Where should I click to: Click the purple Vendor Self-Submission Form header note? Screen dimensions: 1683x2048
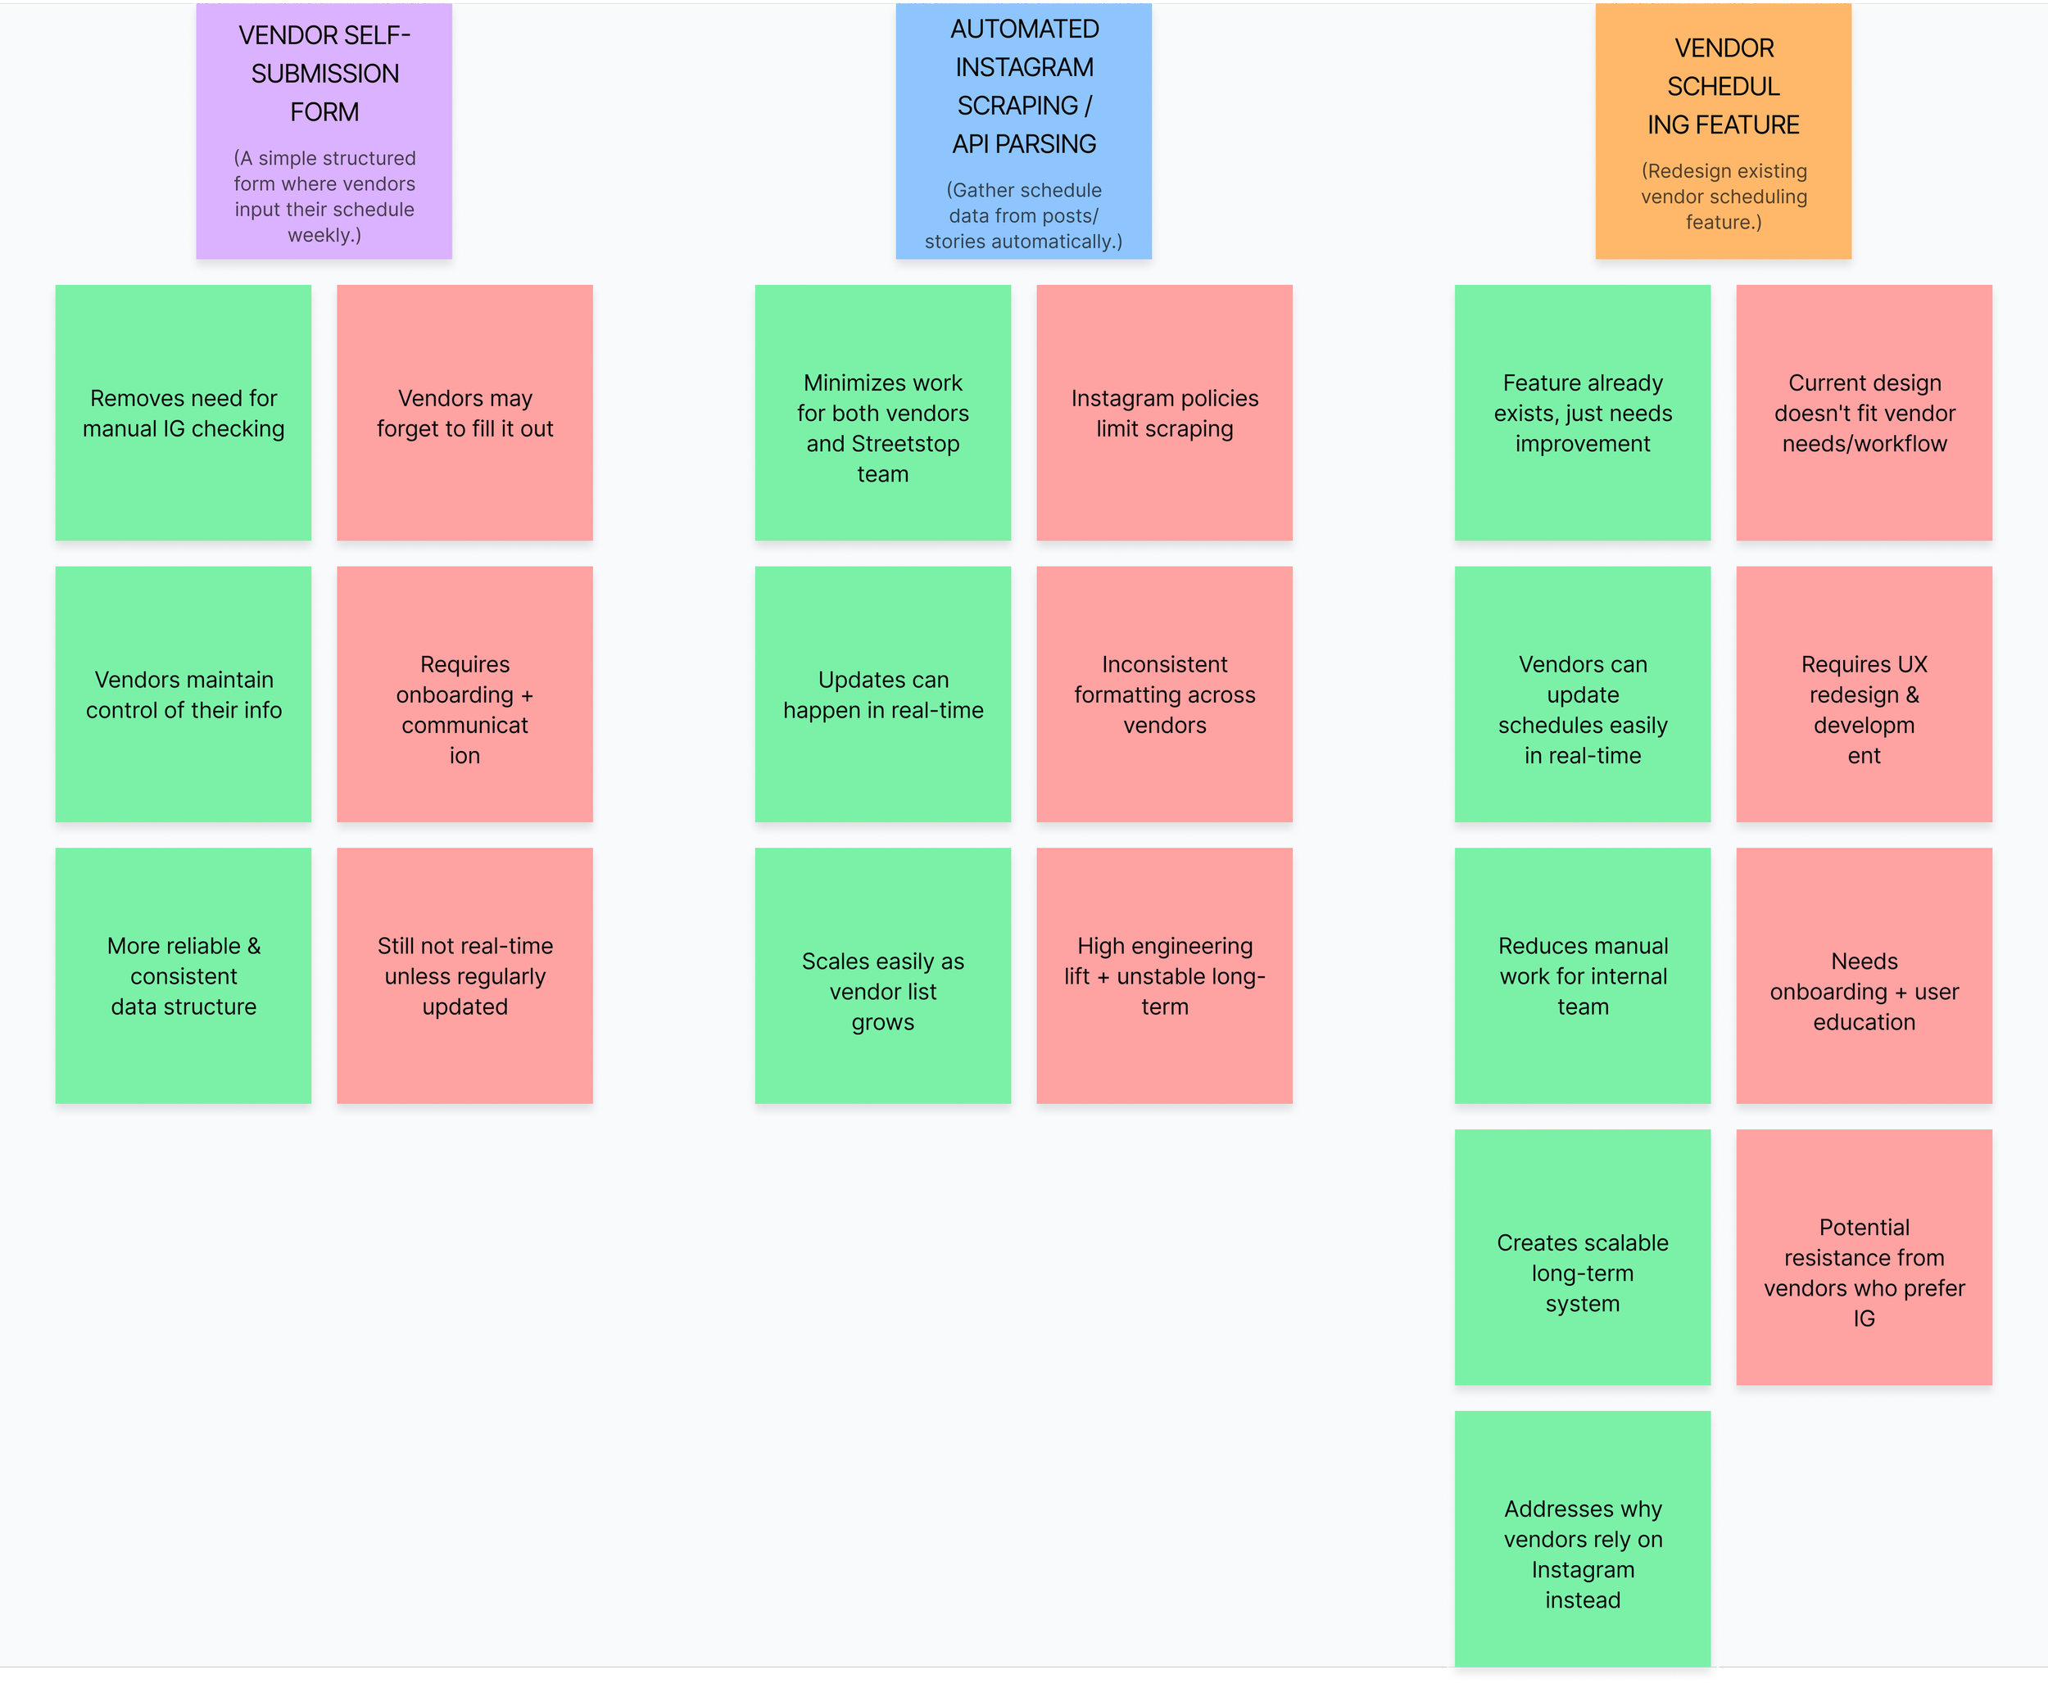[x=324, y=131]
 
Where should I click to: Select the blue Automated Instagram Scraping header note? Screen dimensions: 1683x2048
[x=1023, y=131]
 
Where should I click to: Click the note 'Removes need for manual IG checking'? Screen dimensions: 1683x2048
[x=184, y=413]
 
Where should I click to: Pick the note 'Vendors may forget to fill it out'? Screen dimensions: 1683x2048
[x=464, y=413]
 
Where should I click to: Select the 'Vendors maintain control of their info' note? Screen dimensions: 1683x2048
[x=184, y=694]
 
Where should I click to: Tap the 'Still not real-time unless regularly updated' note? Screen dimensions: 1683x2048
[x=464, y=975]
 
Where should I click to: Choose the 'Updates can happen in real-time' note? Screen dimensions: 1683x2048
[x=882, y=694]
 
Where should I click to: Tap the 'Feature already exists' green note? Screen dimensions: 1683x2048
[x=1583, y=413]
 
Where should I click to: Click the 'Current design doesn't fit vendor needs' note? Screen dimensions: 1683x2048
[x=1864, y=413]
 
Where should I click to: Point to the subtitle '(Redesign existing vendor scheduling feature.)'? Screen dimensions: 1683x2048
[x=1723, y=197]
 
